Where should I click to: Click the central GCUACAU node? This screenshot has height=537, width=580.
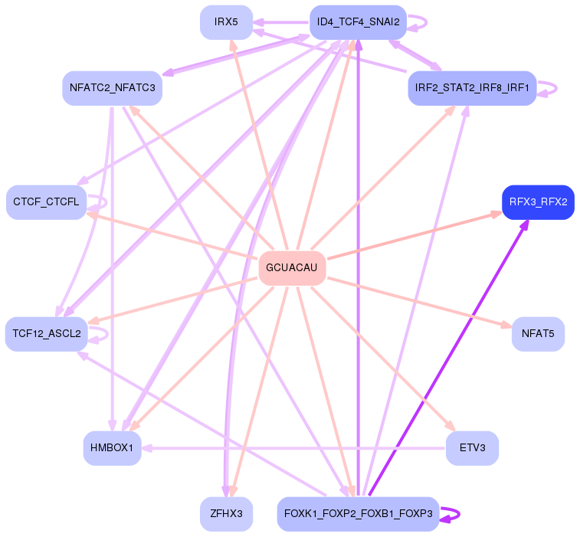click(292, 268)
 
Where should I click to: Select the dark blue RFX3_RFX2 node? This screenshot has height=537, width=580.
click(538, 202)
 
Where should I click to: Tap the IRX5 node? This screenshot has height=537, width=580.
click(226, 22)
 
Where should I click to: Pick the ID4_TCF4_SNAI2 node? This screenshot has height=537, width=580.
click(358, 22)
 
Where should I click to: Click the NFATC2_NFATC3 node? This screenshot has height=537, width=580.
click(112, 88)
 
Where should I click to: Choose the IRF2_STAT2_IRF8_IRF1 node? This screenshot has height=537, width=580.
click(472, 88)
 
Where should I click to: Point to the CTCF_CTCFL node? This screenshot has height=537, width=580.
click(46, 202)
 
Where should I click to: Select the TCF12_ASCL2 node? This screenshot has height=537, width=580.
click(47, 334)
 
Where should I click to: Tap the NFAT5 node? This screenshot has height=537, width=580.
click(538, 334)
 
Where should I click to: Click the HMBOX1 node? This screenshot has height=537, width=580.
click(112, 447)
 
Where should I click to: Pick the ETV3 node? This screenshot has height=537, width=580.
click(472, 447)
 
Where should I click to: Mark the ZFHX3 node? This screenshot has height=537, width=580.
click(226, 513)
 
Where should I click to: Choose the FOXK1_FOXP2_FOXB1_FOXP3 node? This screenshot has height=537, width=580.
click(358, 513)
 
